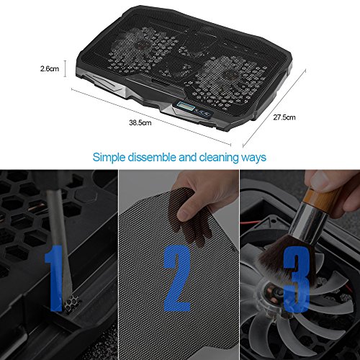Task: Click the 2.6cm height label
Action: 50,68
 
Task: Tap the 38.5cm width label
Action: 140,122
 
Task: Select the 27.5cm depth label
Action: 284,117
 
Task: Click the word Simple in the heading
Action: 109,158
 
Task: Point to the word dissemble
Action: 152,157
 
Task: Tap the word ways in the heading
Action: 253,158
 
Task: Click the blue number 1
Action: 54,278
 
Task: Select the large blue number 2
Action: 177,278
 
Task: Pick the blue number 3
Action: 297,279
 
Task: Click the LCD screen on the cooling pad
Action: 184,106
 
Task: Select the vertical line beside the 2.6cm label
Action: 65,68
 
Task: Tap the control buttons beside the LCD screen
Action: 204,112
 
